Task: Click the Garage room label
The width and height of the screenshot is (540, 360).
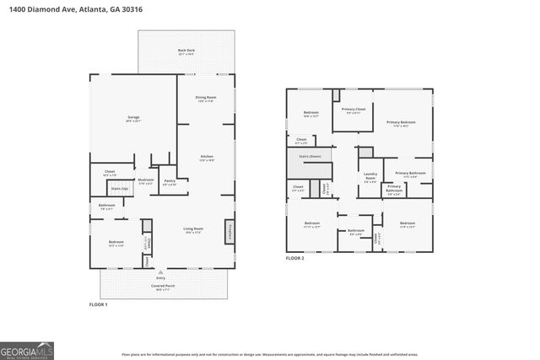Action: click(133, 118)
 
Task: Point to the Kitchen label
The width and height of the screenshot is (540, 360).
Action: click(207, 158)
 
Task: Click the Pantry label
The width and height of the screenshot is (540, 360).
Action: click(170, 181)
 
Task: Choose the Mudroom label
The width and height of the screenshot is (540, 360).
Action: click(146, 180)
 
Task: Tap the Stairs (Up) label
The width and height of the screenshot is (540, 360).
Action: click(120, 189)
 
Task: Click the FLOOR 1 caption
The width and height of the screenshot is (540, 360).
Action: click(99, 304)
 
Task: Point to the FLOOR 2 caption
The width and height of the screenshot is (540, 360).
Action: click(294, 258)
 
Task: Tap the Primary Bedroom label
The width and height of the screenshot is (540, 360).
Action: click(402, 123)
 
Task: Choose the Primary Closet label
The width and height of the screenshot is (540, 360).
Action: click(353, 110)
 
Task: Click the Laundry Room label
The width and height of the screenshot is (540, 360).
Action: click(370, 177)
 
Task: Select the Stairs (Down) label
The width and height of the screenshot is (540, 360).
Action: click(310, 156)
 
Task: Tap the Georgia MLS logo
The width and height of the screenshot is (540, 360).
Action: click(27, 348)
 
